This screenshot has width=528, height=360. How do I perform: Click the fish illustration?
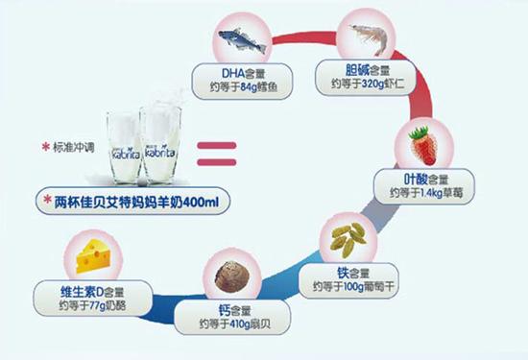click(x=235, y=39)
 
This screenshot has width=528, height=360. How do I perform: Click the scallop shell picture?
click(x=231, y=274)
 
